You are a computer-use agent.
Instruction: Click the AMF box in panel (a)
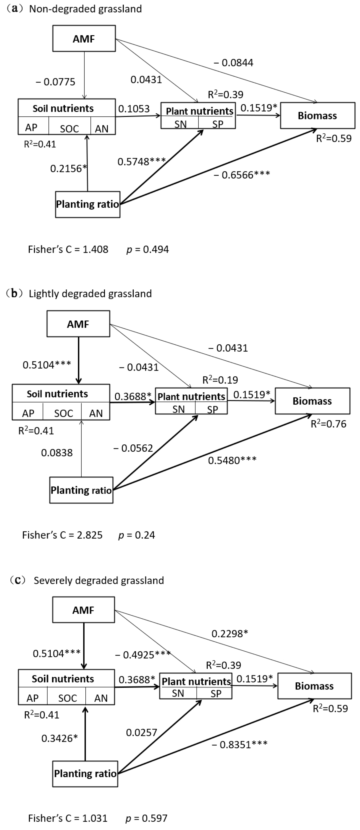pos(84,39)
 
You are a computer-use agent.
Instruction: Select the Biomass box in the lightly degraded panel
pos(312,401)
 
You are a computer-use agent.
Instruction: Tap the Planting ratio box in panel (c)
pos(85,773)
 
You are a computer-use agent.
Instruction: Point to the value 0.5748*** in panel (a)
pos(141,161)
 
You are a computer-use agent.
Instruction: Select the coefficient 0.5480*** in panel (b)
pos(232,460)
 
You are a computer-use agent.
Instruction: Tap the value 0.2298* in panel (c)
pos(229,634)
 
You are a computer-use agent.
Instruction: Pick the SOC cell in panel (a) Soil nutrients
pos(69,129)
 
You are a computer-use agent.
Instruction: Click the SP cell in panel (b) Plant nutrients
pos(212,409)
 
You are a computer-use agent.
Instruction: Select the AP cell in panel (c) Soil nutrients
pos(33,698)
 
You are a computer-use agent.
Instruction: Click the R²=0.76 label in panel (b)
pos(328,424)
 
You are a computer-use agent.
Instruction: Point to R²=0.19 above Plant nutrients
pos(220,380)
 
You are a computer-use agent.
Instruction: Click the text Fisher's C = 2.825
pos(62,535)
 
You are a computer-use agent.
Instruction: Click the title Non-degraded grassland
pos(85,9)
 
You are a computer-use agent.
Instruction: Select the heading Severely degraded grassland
pos(99,580)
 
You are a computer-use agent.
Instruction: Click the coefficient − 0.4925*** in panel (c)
pos(142,654)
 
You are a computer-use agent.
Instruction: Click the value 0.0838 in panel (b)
pos(57,453)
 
